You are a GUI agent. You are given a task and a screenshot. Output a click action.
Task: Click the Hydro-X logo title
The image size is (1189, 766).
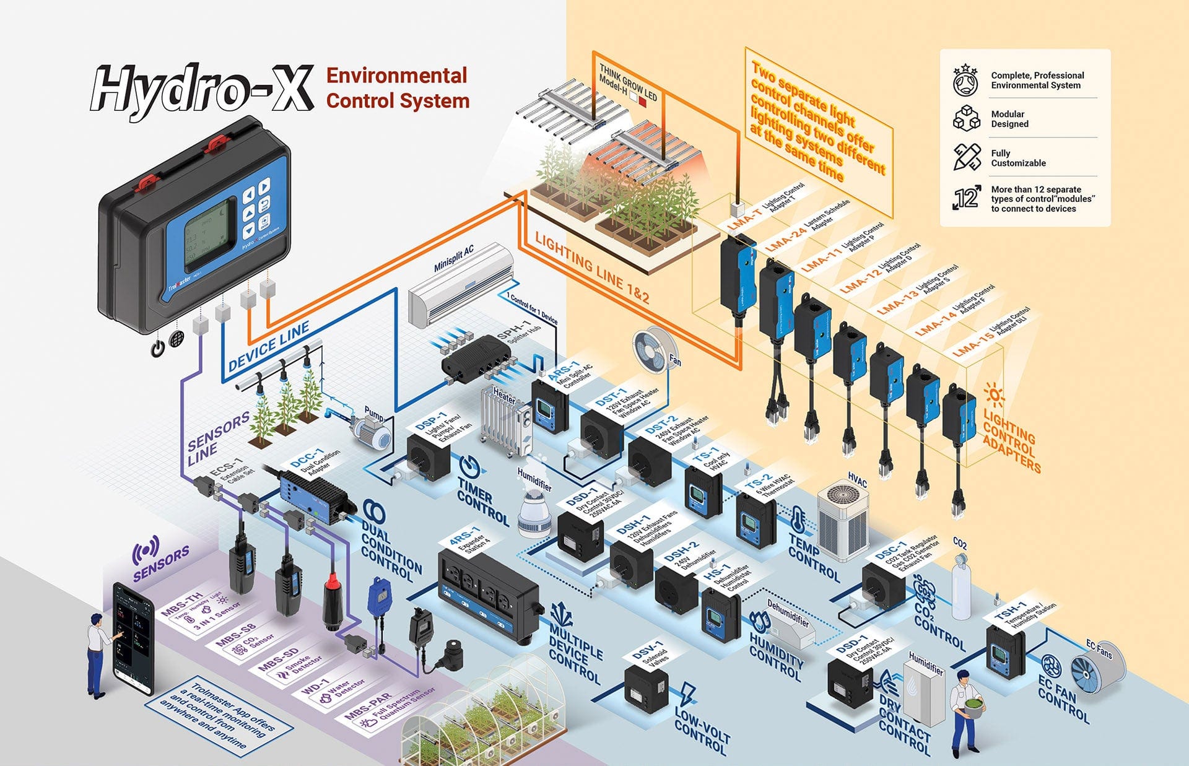(x=201, y=91)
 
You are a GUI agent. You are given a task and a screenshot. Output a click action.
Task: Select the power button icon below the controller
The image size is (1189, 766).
(x=159, y=348)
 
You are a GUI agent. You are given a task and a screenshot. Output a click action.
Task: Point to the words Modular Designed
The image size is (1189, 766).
(x=1009, y=119)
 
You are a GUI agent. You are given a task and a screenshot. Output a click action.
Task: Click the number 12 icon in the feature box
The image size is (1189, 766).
(x=966, y=198)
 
